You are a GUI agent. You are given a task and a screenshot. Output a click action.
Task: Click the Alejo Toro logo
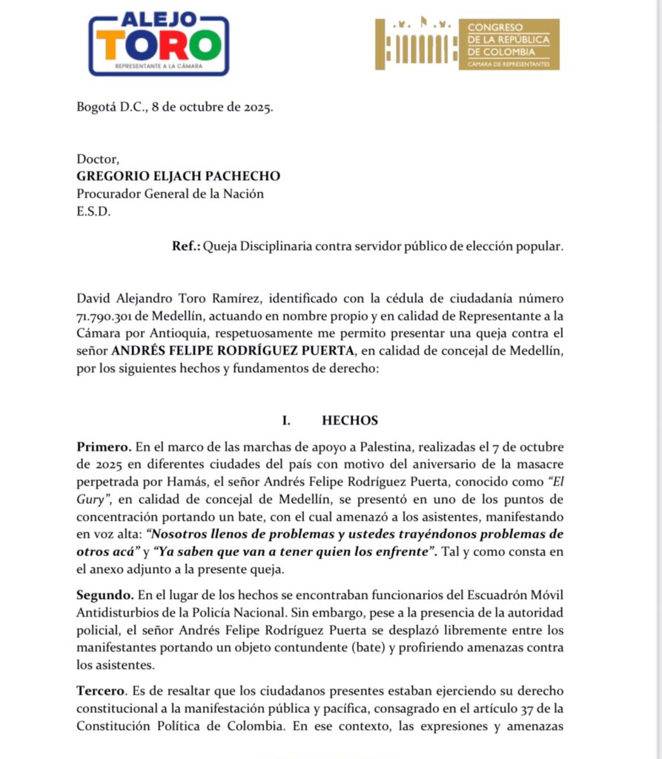pyautogui.click(x=158, y=44)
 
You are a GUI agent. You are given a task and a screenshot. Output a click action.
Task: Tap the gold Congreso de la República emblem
pyautogui.click(x=467, y=44)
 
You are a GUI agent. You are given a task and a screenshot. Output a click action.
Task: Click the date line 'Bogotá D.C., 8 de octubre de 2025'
pyautogui.click(x=175, y=106)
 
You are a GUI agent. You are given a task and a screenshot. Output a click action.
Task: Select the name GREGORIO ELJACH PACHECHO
pyautogui.click(x=178, y=176)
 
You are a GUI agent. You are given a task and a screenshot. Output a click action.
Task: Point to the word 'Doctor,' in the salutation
pyautogui.click(x=98, y=159)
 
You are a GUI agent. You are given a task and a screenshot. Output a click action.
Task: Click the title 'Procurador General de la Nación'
pyautogui.click(x=170, y=194)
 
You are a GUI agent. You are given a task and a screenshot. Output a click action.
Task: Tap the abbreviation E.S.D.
pyautogui.click(x=93, y=212)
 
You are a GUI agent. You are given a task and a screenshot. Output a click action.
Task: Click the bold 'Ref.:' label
pyautogui.click(x=186, y=246)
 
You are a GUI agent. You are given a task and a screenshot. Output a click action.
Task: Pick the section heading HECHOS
pyautogui.click(x=350, y=421)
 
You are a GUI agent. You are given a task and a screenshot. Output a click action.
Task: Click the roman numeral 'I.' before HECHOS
pyautogui.click(x=286, y=421)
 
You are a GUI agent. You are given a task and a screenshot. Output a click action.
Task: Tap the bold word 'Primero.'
pyautogui.click(x=105, y=447)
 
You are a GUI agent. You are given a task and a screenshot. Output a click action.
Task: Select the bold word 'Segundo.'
pyautogui.click(x=105, y=595)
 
